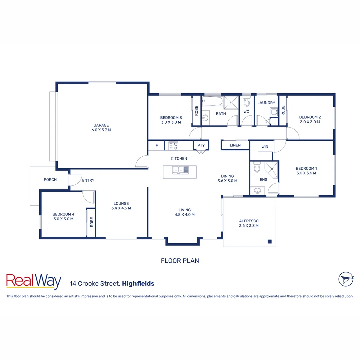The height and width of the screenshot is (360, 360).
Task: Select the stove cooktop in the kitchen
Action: click(173, 146)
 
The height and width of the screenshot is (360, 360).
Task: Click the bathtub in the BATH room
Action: click(212, 101)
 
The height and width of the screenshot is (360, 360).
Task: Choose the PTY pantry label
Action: click(201, 145)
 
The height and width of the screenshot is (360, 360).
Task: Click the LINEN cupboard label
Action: click(235, 145)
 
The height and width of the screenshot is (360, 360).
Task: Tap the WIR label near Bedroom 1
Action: click(265, 147)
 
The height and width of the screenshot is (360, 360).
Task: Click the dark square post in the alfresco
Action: click(269, 242)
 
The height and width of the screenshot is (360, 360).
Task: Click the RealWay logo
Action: click(34, 281)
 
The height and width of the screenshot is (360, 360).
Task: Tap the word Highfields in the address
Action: click(138, 284)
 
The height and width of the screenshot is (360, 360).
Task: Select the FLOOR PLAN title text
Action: click(180, 261)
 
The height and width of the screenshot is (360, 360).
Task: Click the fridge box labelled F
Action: click(157, 145)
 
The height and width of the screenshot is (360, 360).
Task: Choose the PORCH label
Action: click(50, 180)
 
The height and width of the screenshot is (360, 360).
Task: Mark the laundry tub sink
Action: click(274, 112)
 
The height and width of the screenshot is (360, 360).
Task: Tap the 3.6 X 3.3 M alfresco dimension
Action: click(249, 226)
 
